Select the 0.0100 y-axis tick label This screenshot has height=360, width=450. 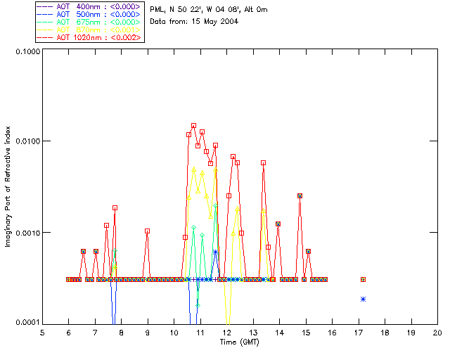tap(25, 142)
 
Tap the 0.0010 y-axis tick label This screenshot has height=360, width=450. tap(25, 233)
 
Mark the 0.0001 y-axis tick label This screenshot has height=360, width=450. tap(25, 323)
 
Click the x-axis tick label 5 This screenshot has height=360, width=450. tap(42, 332)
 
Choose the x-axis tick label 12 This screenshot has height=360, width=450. tap(226, 332)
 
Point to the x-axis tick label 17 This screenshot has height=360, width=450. tap(359, 332)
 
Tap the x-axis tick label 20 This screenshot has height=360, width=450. tap(437, 332)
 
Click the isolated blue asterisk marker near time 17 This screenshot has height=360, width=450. tap(363, 300)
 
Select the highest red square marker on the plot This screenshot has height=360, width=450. tap(193, 126)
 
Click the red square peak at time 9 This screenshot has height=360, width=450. tap(147, 231)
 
